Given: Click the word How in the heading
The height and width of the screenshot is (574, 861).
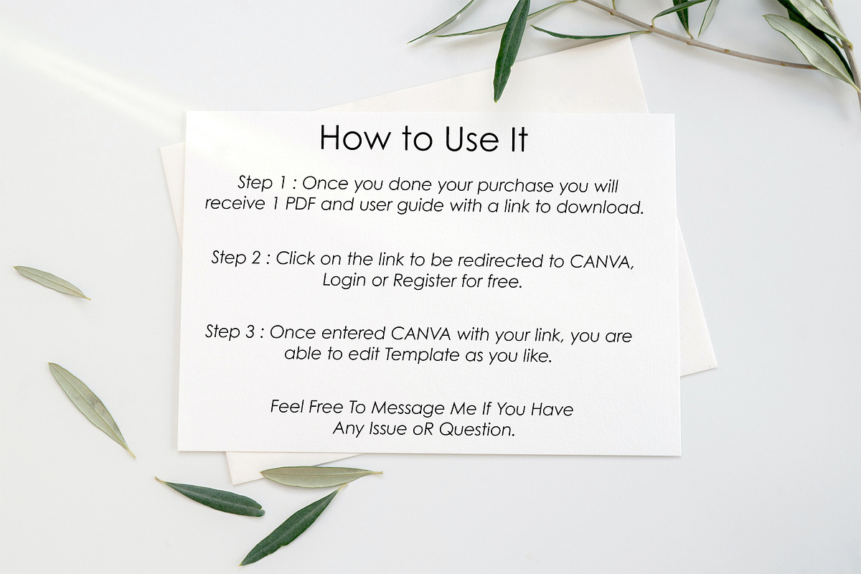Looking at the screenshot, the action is pos(354,137).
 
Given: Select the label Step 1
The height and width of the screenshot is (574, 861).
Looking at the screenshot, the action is pos(262,183).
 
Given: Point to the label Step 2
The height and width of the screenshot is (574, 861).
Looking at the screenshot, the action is pos(236,257).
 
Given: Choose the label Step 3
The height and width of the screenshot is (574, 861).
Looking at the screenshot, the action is pos(230,331).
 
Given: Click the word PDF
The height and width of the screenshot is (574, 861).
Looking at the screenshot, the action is pos(300,204).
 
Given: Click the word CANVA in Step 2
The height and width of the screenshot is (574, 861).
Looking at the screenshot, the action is pos(601,261).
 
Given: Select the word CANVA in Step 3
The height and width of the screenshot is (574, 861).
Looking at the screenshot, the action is pos(421,334).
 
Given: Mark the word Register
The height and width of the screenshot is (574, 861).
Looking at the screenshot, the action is pos(424,281).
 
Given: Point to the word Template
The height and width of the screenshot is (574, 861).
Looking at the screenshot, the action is pos(422,354).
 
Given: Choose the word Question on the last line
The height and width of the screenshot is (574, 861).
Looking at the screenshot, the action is pos(477,429).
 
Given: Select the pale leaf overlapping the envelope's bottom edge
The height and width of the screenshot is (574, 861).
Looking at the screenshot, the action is pos(321,476).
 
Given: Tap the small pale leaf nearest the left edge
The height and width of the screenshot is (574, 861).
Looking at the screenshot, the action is pos(52,283).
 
